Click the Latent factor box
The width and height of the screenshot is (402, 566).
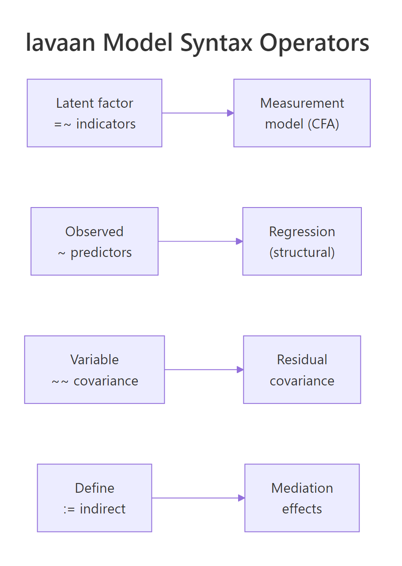point(94,113)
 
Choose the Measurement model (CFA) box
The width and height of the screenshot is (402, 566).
point(302,113)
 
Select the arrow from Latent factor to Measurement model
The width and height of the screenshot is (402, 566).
point(197,113)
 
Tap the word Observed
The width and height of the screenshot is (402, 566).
point(94,231)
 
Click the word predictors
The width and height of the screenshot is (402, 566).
point(101,253)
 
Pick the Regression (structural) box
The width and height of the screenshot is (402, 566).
point(302,241)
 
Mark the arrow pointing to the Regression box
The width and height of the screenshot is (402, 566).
point(200,241)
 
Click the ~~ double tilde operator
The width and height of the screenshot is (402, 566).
point(60,381)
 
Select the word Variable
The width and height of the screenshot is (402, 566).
point(94,360)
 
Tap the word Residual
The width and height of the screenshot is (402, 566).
point(302,360)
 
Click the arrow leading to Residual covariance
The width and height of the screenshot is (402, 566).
point(203,370)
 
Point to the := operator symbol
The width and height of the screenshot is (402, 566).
point(69,509)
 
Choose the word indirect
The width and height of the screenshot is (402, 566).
point(102,509)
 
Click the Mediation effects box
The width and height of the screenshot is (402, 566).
point(302,498)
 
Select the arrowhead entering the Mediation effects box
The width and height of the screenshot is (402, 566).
point(241,498)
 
